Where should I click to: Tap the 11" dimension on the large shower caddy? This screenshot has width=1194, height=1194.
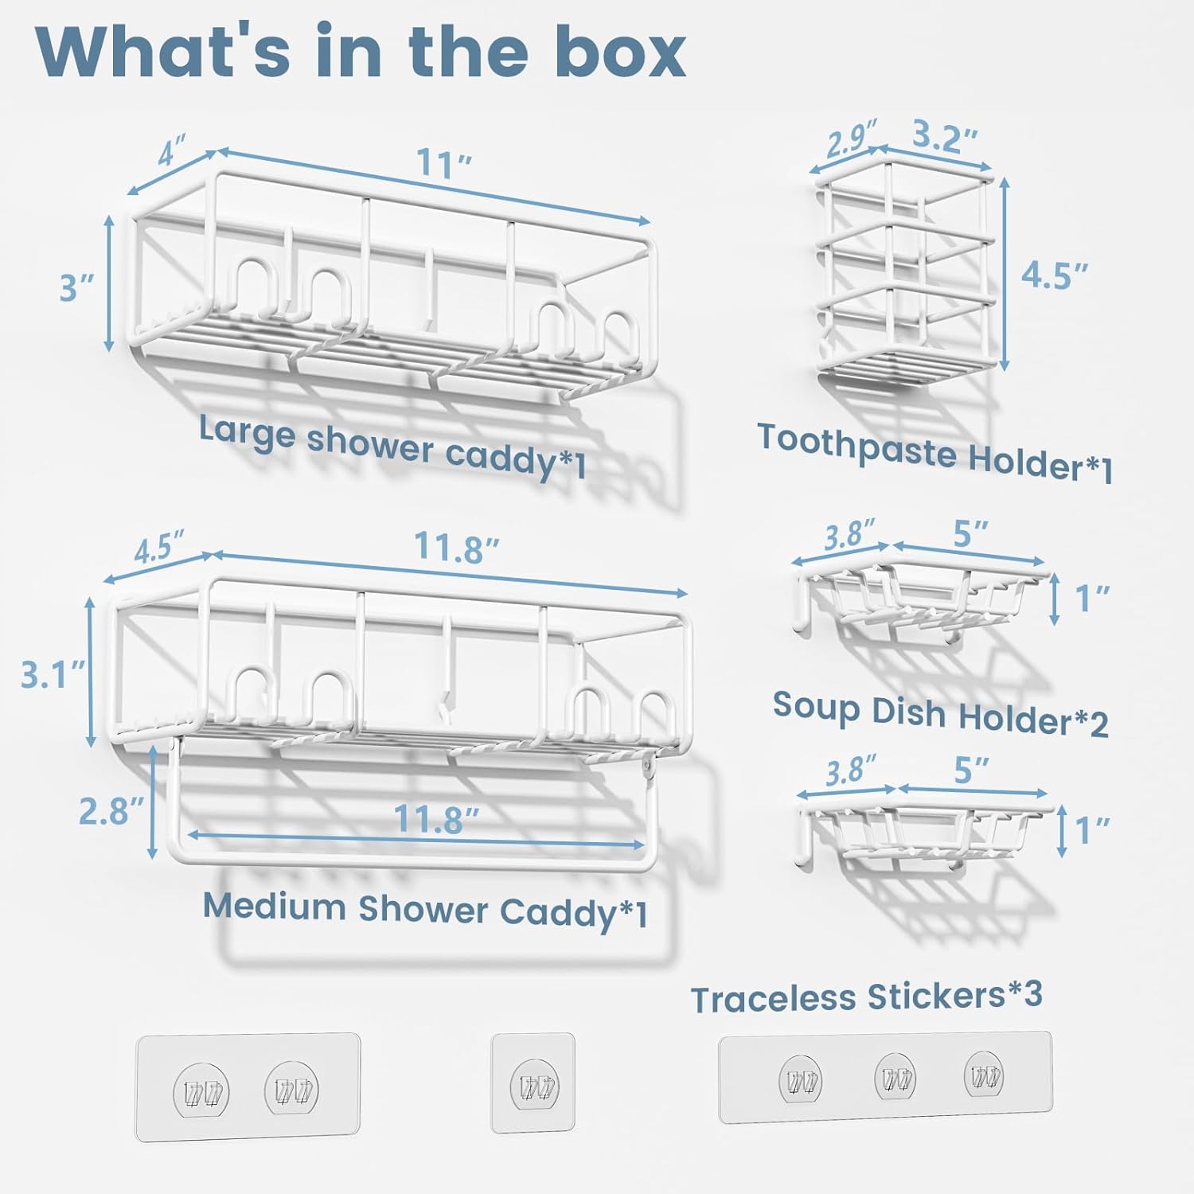click(x=445, y=164)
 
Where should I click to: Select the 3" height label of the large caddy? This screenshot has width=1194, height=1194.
click(x=77, y=287)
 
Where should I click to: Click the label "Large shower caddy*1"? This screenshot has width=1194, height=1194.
click(x=392, y=447)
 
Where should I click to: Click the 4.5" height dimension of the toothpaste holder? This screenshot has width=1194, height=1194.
click(x=1054, y=274)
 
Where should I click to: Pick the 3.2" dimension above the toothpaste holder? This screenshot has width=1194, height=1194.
click(x=944, y=137)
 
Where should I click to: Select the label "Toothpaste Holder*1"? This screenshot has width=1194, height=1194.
click(x=935, y=452)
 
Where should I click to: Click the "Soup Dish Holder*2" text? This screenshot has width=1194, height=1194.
click(x=941, y=713)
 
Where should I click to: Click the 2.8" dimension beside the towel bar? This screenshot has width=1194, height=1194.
click(x=111, y=810)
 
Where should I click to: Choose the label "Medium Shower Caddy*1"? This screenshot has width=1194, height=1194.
click(x=425, y=910)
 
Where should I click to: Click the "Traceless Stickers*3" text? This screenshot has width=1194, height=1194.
click(x=866, y=997)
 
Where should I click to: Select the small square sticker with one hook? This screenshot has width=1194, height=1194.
click(x=533, y=1082)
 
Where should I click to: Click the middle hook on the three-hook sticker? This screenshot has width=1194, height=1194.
click(x=894, y=1079)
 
